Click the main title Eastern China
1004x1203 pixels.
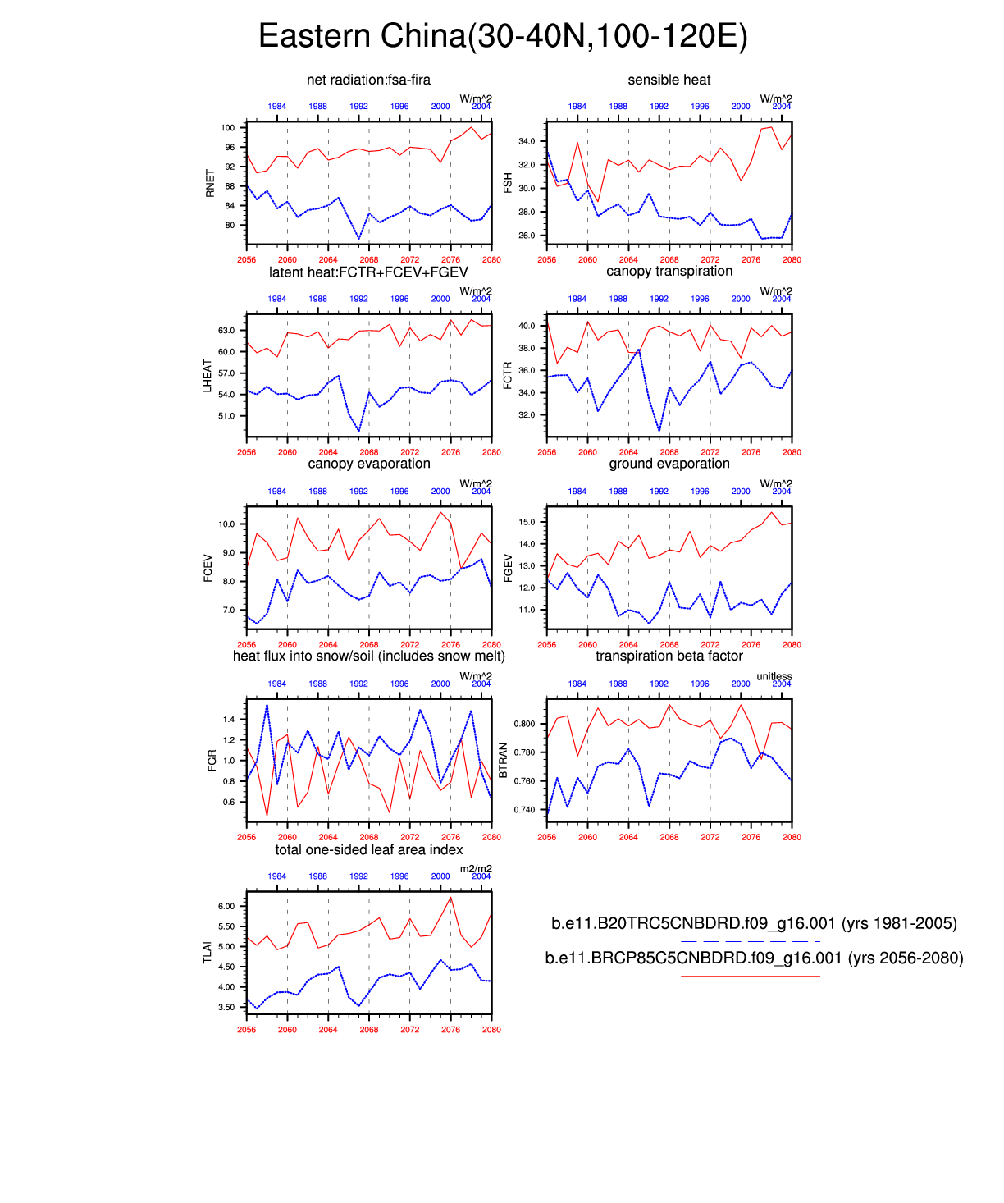tap(502, 37)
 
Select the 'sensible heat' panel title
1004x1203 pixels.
tap(669, 80)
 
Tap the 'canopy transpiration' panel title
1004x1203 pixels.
tap(669, 271)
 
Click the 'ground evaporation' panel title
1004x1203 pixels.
tap(669, 464)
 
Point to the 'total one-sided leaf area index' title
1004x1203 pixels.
tap(368, 849)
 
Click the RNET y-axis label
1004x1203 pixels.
tap(210, 183)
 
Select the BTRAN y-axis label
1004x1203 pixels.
tap(503, 761)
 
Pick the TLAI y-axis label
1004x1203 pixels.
tap(208, 953)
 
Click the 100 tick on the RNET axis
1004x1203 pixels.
tap(227, 128)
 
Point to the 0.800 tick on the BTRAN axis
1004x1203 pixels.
tap(524, 724)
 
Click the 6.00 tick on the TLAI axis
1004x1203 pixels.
tap(226, 906)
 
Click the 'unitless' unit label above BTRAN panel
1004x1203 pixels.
tap(774, 676)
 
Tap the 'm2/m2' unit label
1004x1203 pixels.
tap(476, 869)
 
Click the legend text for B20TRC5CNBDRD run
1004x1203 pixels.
tap(754, 923)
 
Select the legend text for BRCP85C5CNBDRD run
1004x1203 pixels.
tap(754, 958)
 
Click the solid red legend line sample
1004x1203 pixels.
tap(750, 976)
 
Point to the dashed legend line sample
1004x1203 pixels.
tap(750, 941)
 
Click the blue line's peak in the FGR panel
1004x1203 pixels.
tap(267, 705)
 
